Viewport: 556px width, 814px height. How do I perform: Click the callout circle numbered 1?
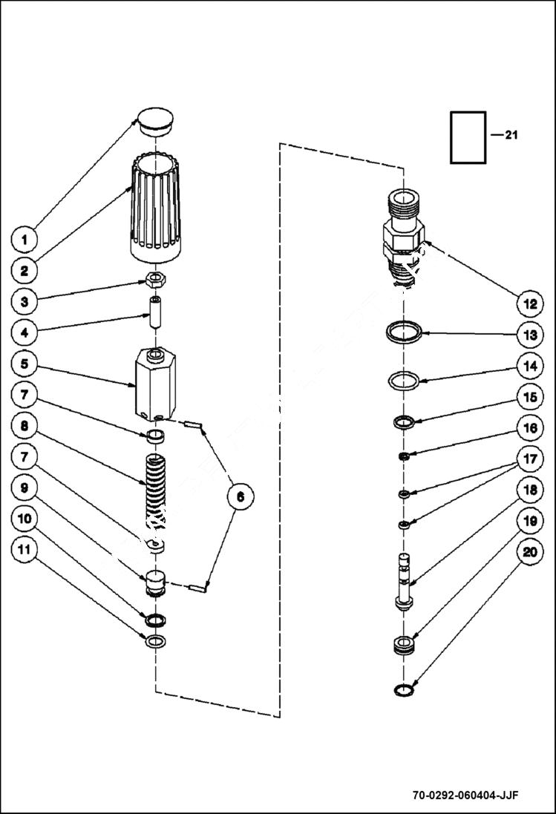(x=24, y=240)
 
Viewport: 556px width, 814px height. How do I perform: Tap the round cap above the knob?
(x=154, y=121)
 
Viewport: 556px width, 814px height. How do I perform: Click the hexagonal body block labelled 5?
(x=155, y=387)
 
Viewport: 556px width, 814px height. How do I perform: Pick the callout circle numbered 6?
(x=240, y=496)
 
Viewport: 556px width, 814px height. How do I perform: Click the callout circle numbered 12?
(x=529, y=303)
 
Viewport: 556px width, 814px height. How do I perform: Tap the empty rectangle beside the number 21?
(x=468, y=137)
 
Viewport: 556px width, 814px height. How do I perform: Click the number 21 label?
(x=511, y=135)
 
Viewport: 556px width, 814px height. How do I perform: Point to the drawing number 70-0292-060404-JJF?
(x=465, y=795)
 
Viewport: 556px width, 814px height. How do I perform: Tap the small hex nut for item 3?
(x=154, y=280)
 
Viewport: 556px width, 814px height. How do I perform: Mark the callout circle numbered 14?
(x=529, y=366)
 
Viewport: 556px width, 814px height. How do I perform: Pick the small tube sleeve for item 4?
(x=155, y=314)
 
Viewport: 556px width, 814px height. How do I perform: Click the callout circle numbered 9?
(x=24, y=488)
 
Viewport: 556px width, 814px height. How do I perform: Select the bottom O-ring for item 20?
(x=402, y=690)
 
